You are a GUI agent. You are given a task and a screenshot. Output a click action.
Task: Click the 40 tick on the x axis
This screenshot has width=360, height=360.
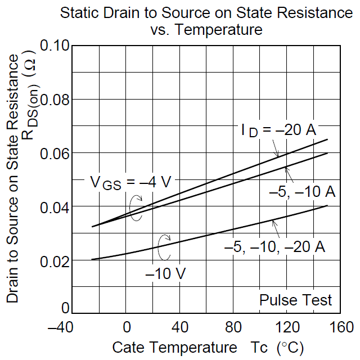point(180,327)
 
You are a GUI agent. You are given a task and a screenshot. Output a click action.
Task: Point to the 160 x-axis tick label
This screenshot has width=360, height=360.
point(340,327)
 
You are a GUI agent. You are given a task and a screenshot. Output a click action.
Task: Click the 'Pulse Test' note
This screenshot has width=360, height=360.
point(295,300)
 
